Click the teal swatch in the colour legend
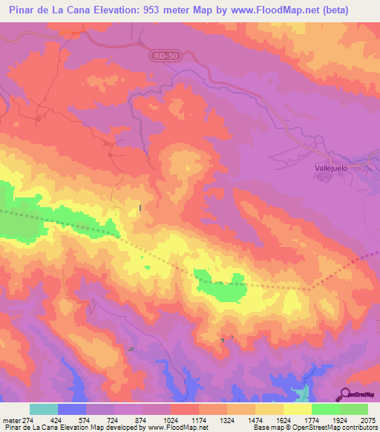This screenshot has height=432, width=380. coord(44,409)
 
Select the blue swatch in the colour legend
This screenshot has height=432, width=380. coord(72,409)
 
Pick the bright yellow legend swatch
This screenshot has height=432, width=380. coord(297,409)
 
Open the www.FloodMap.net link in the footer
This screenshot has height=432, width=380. coord(177,427)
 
